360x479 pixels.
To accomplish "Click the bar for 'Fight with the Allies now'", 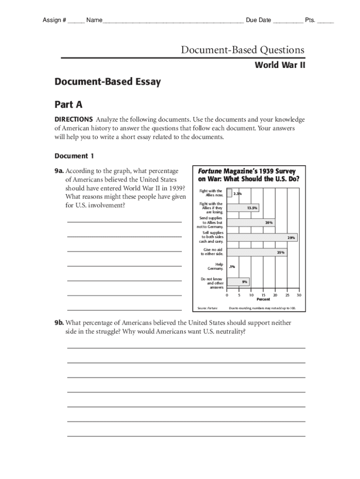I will pos(229,193).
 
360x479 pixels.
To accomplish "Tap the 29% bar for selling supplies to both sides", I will pos(262,238).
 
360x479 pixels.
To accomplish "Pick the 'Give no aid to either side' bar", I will pos(257,253).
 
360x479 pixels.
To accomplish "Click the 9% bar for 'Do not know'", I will pos(238,282).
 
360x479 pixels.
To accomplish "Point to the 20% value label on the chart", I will pos(269,223).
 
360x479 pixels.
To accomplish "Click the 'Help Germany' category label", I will pos(216,267).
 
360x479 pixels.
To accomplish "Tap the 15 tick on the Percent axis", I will pos(263,295).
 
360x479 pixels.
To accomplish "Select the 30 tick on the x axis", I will pos(299,295).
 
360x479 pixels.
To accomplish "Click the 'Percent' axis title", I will pos(263,299).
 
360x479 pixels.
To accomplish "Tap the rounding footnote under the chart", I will pos(262,308).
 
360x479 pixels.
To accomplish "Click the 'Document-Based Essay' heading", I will pos(108,82).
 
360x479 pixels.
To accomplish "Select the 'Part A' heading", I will pos(69,105).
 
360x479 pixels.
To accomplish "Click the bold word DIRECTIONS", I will pos(73,119).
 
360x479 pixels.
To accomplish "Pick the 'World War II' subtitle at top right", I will pos(280,65).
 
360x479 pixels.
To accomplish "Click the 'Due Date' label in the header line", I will pos(258,20).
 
